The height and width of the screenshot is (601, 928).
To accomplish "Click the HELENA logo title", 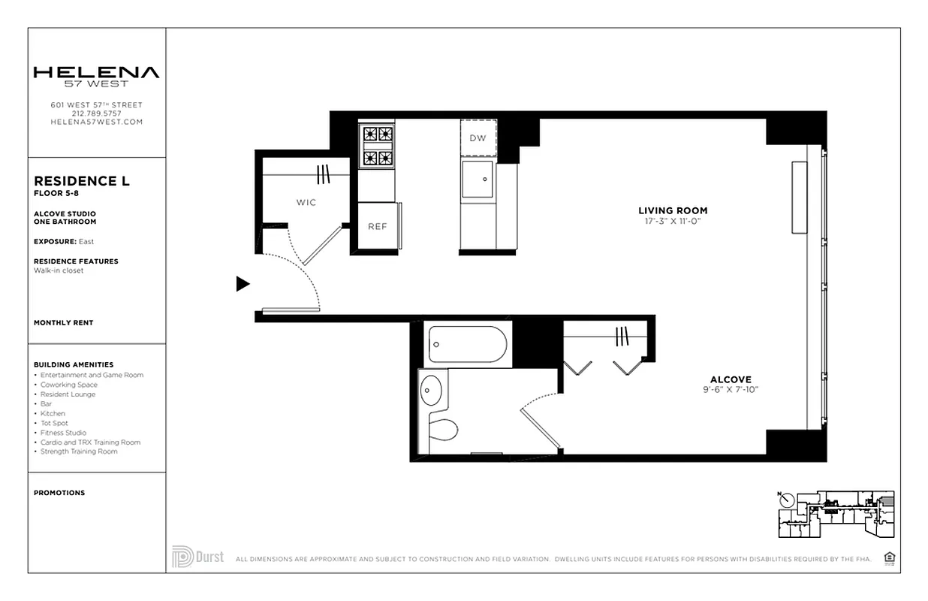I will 96,73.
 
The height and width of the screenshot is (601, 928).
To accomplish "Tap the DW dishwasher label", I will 478,138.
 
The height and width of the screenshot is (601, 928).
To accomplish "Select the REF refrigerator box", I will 377,226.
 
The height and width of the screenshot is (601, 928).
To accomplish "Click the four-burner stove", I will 378,146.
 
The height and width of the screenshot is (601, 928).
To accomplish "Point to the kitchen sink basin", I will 478,180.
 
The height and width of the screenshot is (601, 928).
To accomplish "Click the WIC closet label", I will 306,202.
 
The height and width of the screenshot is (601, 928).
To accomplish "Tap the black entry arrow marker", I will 243,284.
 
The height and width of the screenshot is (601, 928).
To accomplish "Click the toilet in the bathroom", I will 443,430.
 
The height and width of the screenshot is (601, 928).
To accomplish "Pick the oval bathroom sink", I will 431,390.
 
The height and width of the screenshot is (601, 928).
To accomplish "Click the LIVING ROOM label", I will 673,210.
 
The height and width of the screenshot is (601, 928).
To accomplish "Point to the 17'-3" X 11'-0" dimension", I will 673,221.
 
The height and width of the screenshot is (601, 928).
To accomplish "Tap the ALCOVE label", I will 731,379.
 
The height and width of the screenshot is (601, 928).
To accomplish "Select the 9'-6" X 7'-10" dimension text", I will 731,390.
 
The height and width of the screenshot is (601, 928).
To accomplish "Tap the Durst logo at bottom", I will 198,557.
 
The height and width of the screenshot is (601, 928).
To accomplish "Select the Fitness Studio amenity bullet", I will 63,433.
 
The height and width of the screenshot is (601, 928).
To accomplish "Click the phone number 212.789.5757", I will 96,113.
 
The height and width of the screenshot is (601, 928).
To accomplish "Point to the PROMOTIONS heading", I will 59,493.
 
